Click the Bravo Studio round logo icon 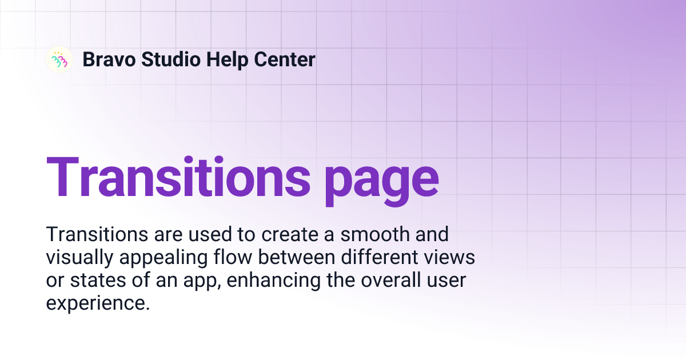click(59, 59)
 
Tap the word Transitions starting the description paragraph click(91, 234)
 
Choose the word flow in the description click(239, 258)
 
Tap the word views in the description click(451, 258)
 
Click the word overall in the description click(389, 281)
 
